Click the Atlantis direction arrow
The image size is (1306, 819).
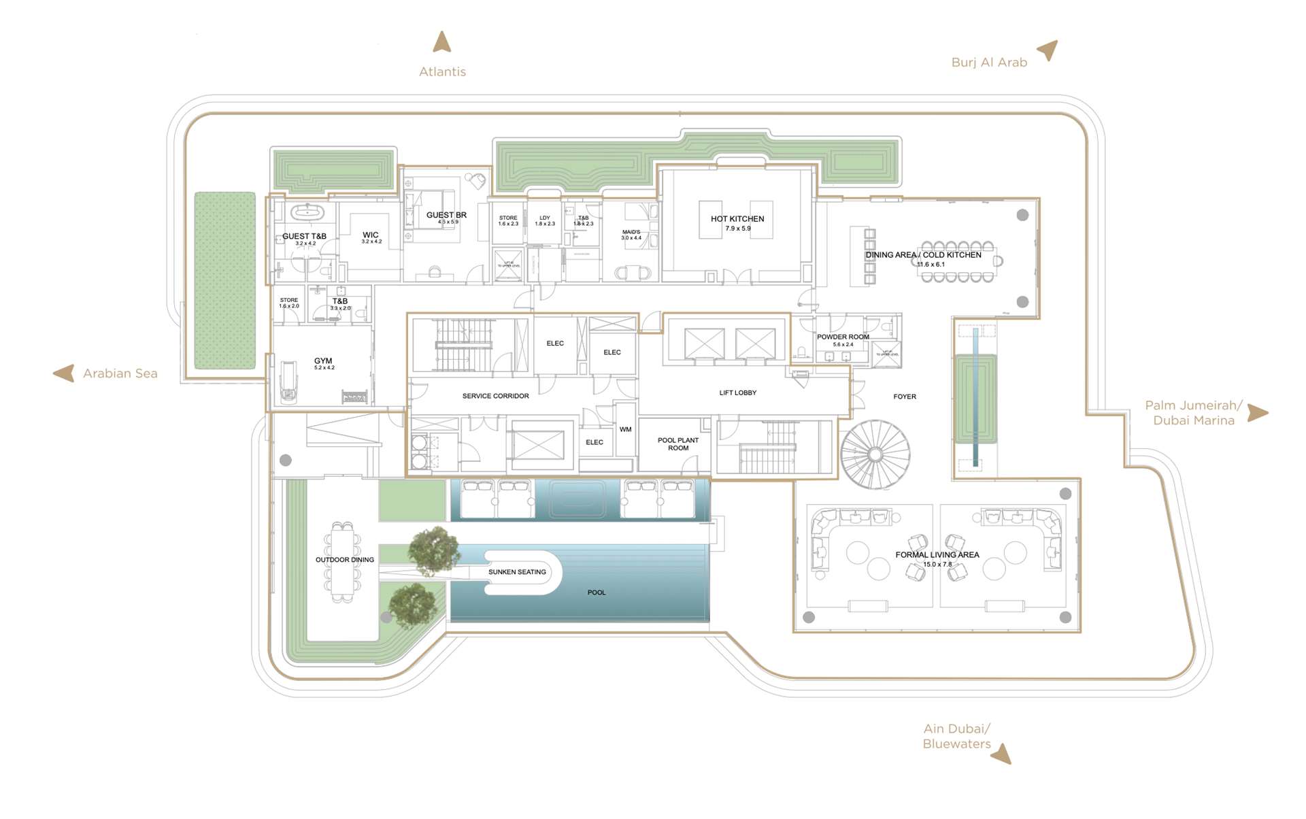[x=442, y=42]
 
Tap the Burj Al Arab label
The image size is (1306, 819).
[x=989, y=63]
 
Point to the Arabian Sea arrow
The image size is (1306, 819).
[x=64, y=373]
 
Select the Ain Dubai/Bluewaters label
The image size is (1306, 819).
[x=956, y=736]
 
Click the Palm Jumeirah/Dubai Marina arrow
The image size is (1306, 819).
[x=1258, y=413]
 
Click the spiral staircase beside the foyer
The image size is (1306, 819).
[x=875, y=454]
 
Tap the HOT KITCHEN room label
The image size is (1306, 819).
[x=737, y=219]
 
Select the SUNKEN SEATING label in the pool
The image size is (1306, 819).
[x=517, y=572]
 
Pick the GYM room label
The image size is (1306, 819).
[x=323, y=361]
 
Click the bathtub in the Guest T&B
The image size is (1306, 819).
[x=307, y=212]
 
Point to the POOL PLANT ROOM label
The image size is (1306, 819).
[x=678, y=444]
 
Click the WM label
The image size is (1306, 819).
[x=625, y=429]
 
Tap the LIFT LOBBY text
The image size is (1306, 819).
[x=737, y=393]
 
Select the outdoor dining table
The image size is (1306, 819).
[x=343, y=562]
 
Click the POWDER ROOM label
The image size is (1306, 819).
[x=843, y=337]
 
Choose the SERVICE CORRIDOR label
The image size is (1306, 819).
[x=495, y=396]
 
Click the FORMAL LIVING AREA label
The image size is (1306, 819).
[x=937, y=555]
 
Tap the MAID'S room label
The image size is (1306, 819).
[x=631, y=233]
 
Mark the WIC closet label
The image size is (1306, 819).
[x=371, y=235]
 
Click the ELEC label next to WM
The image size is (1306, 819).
[x=595, y=442]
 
